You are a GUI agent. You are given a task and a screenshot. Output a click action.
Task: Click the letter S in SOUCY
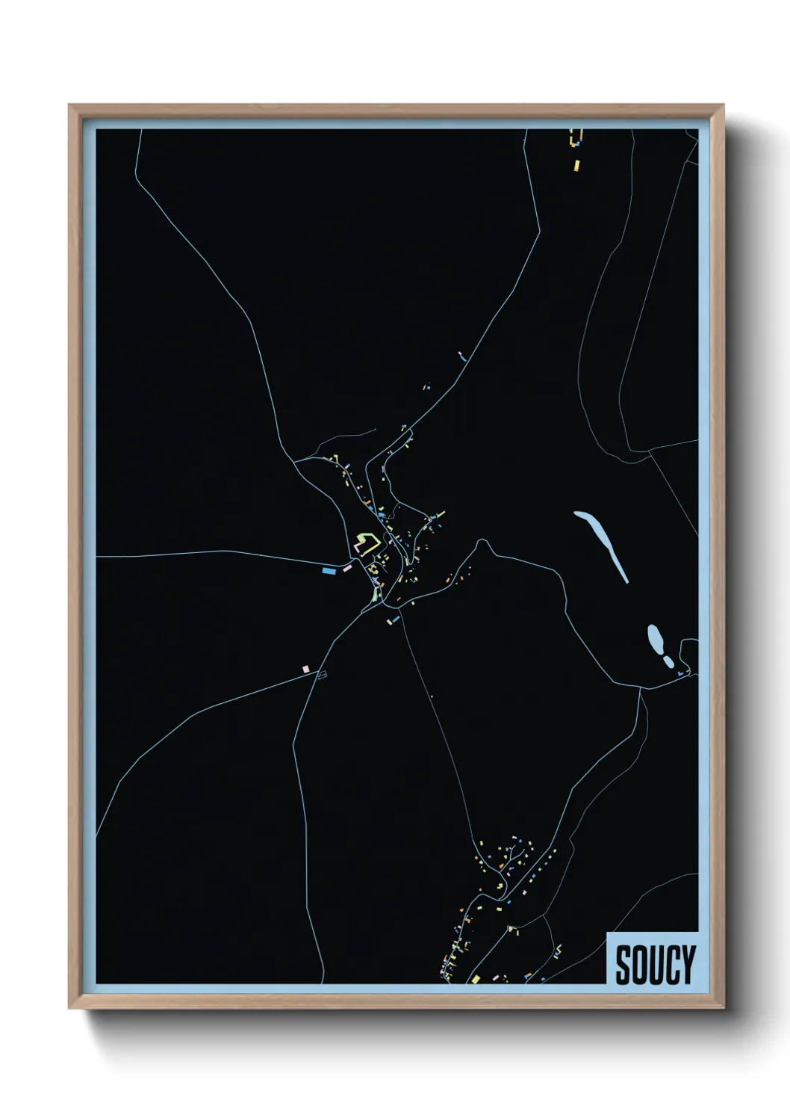click(x=623, y=965)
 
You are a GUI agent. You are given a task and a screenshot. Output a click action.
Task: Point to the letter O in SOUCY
click(x=639, y=965)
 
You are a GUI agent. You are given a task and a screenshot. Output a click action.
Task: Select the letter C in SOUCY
click(x=671, y=965)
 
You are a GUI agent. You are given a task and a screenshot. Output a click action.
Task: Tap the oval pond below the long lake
click(x=656, y=638)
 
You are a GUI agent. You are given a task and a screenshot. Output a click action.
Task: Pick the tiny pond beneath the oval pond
click(x=668, y=661)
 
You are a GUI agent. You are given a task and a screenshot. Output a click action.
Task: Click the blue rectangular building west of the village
click(x=328, y=571)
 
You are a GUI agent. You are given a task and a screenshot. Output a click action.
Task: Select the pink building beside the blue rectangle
click(x=346, y=569)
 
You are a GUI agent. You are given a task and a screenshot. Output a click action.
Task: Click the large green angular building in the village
click(x=365, y=540)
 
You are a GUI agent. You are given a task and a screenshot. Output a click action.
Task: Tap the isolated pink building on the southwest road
click(x=305, y=669)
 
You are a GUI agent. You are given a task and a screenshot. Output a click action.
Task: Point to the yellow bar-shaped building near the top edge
click(x=576, y=164)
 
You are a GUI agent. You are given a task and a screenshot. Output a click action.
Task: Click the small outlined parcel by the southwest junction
click(x=322, y=676)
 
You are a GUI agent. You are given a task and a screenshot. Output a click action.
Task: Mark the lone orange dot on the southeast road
click(x=432, y=697)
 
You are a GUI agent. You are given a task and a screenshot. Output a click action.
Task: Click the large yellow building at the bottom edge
click(x=475, y=978)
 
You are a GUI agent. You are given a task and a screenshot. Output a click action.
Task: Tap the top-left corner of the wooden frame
click(x=69, y=105)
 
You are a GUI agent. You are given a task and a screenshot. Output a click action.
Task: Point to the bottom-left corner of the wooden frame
click(x=69, y=1008)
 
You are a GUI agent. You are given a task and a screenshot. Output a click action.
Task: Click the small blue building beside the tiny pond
click(x=679, y=674)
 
